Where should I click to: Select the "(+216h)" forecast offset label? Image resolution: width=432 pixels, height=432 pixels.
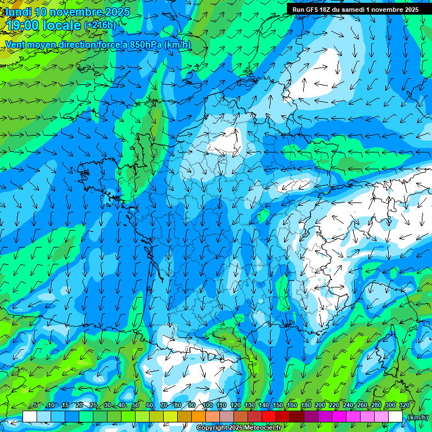coord(100,25)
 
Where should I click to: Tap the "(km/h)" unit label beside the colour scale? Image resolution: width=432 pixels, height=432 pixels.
coord(417,417)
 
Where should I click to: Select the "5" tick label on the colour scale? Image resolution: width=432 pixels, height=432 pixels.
coord(35,406)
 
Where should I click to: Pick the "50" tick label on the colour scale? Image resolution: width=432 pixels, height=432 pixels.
coord(136,406)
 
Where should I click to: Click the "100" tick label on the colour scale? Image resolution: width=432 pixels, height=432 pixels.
coord(207,406)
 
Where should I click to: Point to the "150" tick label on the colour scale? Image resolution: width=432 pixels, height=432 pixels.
coord(278,406)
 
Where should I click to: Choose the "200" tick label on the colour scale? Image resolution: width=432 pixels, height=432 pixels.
coord(320,406)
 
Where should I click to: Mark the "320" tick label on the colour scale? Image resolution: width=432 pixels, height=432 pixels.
coord(403,406)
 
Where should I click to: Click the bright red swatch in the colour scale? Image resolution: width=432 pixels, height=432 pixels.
coord(269,417)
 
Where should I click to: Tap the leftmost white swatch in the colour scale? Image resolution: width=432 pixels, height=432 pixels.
coord(30,417)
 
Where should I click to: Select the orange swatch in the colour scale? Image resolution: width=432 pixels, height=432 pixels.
coord(199,417)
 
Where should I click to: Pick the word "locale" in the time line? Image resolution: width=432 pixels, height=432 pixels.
coord(62,25)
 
